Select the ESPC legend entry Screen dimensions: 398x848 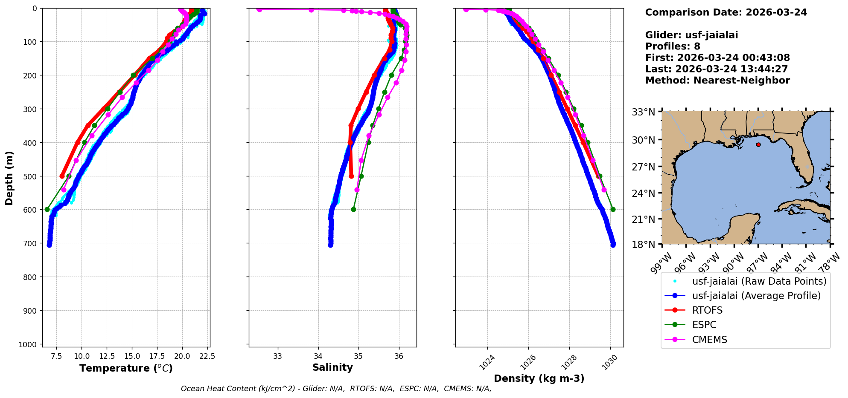click(704, 325)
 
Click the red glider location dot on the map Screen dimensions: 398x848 click(758, 145)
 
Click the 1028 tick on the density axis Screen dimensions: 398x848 click(570, 362)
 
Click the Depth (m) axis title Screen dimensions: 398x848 click(9, 178)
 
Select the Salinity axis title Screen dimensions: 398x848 click(332, 368)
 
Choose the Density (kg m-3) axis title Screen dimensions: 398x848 click(539, 378)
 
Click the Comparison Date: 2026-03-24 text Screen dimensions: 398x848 click(726, 12)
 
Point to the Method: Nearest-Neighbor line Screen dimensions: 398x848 click(717, 81)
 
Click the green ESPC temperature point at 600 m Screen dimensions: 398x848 click(47, 209)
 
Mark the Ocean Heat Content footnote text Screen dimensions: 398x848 click(336, 389)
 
